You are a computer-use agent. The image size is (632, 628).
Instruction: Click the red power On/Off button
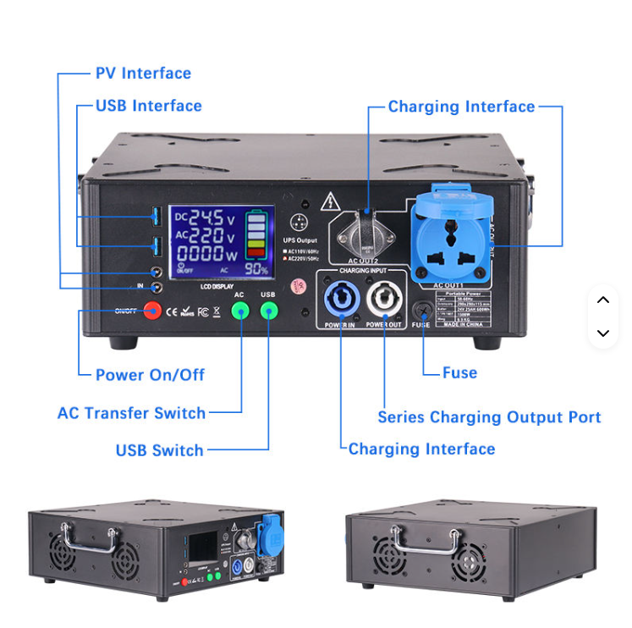[x=152, y=311]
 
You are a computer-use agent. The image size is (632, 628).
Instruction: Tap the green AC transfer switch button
[x=240, y=311]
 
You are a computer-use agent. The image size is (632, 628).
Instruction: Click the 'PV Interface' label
[x=143, y=74]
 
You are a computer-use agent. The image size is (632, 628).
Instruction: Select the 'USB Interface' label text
[x=148, y=106]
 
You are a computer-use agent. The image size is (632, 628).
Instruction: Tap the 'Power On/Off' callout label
[x=150, y=375]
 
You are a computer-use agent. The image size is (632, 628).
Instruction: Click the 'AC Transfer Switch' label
[x=131, y=413]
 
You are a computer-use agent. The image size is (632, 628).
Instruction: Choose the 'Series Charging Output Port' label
[x=489, y=417]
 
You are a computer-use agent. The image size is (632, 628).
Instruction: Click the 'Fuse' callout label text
[x=459, y=372]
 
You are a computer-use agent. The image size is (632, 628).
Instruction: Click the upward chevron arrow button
[x=603, y=300]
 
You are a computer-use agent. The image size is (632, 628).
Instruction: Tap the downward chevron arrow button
[x=603, y=333]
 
